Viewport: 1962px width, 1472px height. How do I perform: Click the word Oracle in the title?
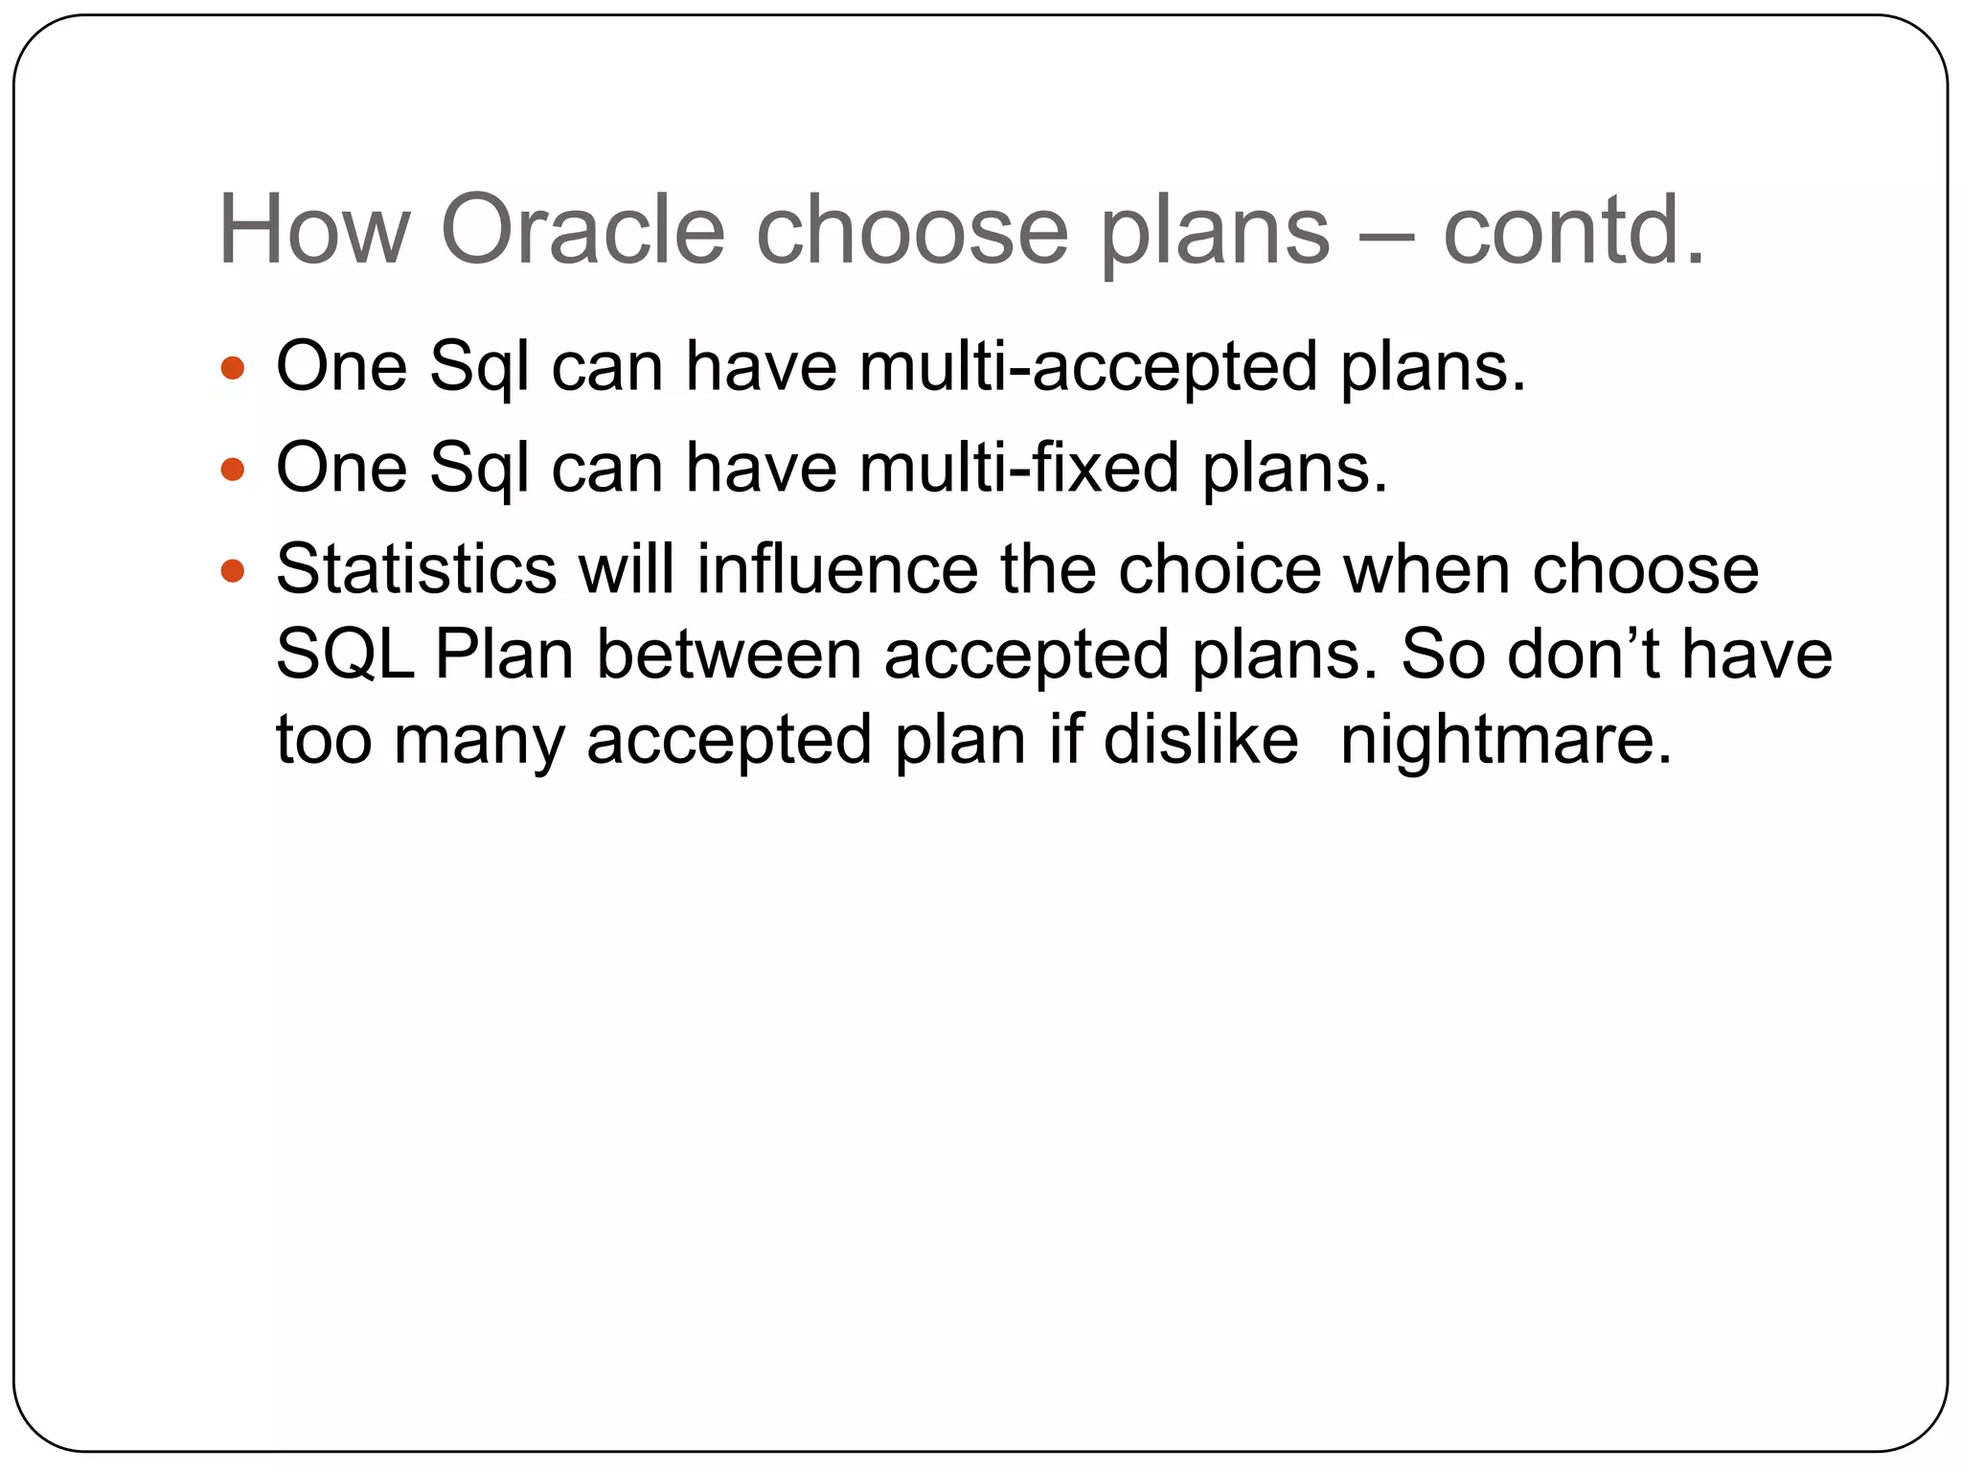[x=582, y=230]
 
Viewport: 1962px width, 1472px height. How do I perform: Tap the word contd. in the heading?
[x=1573, y=230]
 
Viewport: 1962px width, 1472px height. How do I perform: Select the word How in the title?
[x=314, y=230]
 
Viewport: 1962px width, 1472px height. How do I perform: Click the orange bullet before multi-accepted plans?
[x=233, y=367]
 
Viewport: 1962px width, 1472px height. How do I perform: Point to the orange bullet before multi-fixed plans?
[x=233, y=469]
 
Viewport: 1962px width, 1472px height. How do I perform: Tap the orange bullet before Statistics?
[x=233, y=571]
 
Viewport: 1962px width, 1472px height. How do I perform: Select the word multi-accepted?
[x=1088, y=367]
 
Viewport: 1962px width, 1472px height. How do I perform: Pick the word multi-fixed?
[x=1019, y=469]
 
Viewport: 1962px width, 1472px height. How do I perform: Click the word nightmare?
[x=1505, y=741]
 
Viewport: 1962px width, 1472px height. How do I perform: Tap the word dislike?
[x=1200, y=741]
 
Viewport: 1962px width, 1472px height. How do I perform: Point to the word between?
[x=729, y=655]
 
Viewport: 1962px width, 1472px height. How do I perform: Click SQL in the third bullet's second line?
[x=345, y=655]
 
